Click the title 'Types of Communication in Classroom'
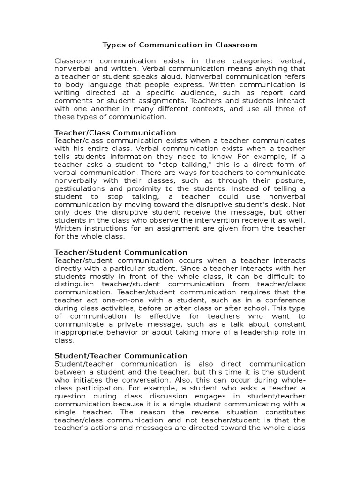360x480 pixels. (x=180, y=45)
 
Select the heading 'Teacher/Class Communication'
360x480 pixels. (x=115, y=133)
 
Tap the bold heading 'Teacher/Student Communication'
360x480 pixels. (x=121, y=252)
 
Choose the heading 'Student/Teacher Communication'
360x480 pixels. (x=121, y=356)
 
